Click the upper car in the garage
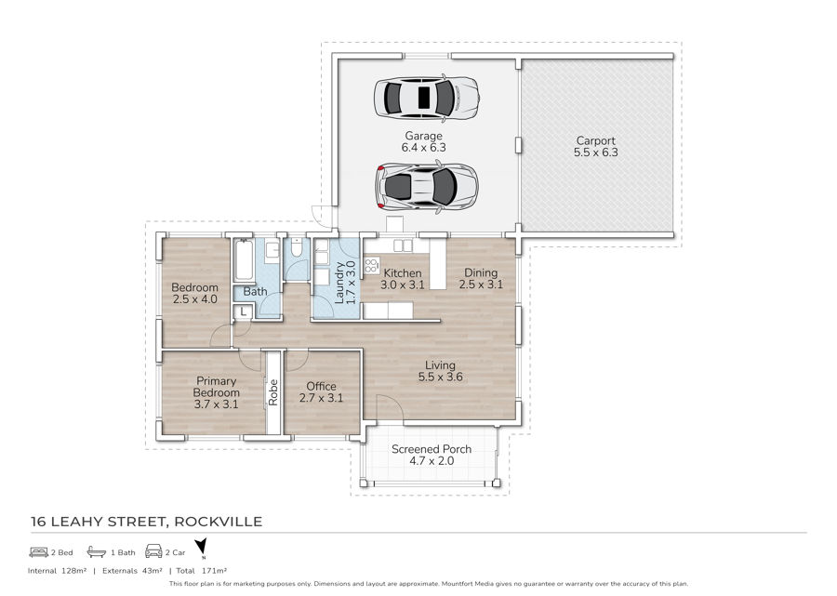pos(426,97)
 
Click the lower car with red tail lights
pos(426,186)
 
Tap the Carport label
pos(596,140)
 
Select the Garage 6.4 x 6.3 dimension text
pos(423,148)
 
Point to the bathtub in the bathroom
pos(244,260)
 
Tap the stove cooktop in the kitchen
pos(371,265)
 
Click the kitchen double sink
pos(403,245)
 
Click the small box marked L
pos(243,311)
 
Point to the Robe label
pos(273,392)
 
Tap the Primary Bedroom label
pos(216,387)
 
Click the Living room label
pos(440,365)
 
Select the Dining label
pos(481,272)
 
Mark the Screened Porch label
pos(432,449)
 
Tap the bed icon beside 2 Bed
pos(39,551)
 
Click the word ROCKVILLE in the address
pos(218,522)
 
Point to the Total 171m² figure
pos(202,570)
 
